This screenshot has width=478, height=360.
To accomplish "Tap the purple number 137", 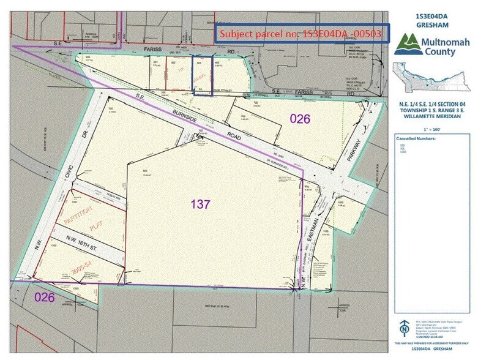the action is point(201,204).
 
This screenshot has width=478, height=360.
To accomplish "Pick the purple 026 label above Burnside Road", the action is point(300,119).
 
